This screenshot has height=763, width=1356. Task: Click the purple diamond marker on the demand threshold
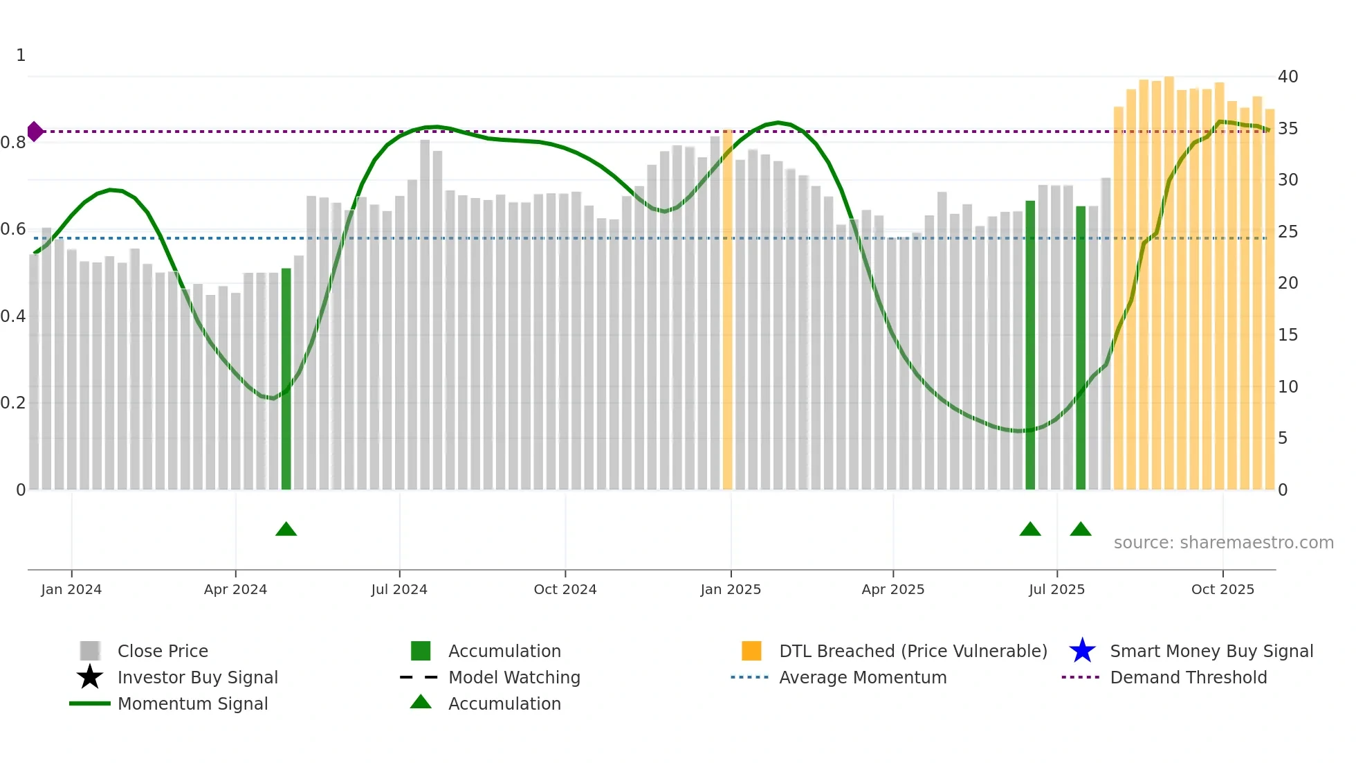click(x=35, y=131)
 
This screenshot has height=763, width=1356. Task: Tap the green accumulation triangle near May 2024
click(x=286, y=530)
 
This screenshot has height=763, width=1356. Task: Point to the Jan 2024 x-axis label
click(x=71, y=589)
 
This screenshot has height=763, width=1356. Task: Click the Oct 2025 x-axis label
click(x=1222, y=589)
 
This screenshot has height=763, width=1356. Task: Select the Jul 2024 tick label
click(x=399, y=589)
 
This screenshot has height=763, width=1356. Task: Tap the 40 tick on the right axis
click(x=1288, y=77)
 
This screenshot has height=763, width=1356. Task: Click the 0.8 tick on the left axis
click(x=13, y=143)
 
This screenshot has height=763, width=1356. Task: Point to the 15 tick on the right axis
click(x=1288, y=335)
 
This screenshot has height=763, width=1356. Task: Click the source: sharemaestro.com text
click(x=1223, y=543)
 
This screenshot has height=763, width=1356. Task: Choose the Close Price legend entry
click(x=163, y=651)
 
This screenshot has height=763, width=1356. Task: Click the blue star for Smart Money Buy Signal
click(x=1082, y=651)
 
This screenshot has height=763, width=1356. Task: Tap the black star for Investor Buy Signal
click(x=90, y=677)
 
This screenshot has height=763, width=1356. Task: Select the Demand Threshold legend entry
click(x=1188, y=677)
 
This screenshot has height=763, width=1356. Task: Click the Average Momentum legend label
click(x=863, y=677)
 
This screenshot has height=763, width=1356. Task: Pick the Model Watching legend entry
click(x=514, y=677)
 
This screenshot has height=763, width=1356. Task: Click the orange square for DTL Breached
click(x=751, y=651)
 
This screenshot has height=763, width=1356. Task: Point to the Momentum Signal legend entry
click(x=192, y=703)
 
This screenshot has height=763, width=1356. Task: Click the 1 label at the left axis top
click(x=21, y=55)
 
